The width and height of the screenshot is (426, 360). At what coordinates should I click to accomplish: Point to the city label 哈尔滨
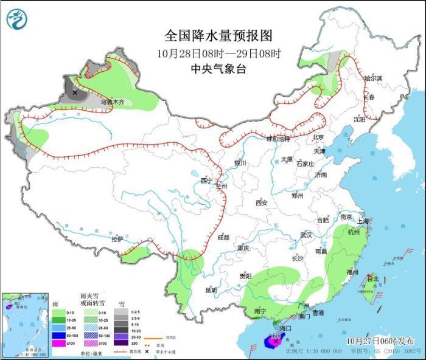(372, 78)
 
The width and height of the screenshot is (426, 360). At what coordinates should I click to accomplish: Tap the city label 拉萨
(117, 239)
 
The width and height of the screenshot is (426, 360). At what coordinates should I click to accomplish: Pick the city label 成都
(223, 238)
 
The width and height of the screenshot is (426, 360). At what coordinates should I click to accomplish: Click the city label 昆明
(211, 290)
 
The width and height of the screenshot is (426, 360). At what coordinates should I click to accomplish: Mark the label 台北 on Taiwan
(372, 279)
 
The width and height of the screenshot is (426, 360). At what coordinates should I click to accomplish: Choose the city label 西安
(262, 202)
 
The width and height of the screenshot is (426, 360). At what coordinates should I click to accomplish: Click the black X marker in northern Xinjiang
(75, 93)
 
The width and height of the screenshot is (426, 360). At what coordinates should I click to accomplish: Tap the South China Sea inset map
(25, 322)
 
